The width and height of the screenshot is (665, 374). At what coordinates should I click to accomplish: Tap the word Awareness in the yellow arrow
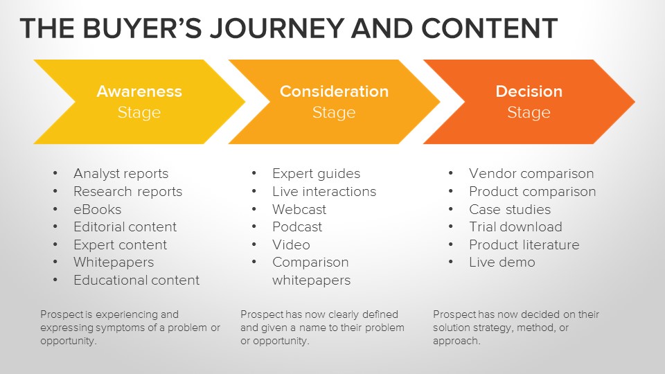coord(139,91)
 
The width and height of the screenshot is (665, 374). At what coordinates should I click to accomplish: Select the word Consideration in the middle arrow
coord(334,91)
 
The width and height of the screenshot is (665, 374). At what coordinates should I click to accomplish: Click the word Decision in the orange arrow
coord(529,91)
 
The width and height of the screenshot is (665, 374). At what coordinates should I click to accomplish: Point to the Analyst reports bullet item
coord(121,174)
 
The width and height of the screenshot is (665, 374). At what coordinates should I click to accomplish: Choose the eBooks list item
coord(97,209)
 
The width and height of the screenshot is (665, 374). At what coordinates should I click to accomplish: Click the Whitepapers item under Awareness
coord(114,262)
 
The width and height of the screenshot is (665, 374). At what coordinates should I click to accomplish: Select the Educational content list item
coord(136,280)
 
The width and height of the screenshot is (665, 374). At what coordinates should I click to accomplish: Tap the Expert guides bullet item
coord(316,174)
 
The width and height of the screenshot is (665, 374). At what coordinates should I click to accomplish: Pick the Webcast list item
coord(299,209)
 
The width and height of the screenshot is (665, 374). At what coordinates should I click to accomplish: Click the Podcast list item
coord(297,227)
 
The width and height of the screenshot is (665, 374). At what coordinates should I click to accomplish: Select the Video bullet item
coord(291,245)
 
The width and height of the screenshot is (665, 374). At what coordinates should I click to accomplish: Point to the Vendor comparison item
coord(531,174)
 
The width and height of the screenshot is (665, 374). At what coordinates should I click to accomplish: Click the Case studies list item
coord(510,209)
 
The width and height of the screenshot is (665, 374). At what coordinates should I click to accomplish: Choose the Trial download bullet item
coord(515,227)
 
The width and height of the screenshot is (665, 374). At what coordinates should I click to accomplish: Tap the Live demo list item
coord(502,262)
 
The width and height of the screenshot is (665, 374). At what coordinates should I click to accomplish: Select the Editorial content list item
coord(125,227)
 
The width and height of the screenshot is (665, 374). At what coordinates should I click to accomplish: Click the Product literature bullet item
coord(524,245)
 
